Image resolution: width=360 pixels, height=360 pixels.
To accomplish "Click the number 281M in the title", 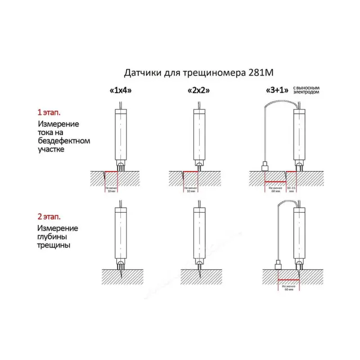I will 265,73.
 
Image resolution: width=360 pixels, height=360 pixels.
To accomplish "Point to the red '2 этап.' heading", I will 50,216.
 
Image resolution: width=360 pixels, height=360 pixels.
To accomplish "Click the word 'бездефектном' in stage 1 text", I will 64,141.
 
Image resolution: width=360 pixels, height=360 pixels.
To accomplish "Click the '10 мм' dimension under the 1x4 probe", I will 110,190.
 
